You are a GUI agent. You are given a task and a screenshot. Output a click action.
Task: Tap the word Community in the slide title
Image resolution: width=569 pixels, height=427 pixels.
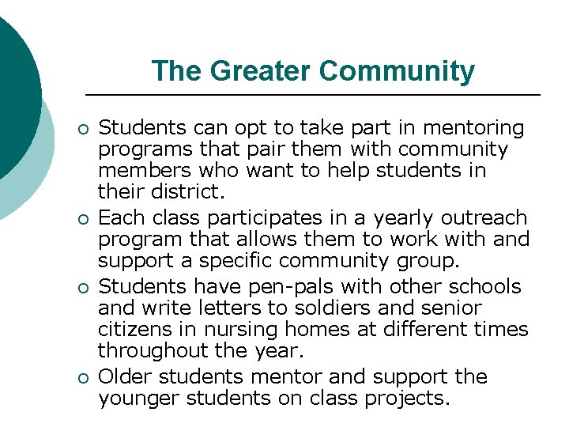[x=397, y=71]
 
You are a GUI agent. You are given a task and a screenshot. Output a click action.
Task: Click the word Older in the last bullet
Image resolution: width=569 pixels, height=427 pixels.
[x=126, y=376]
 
